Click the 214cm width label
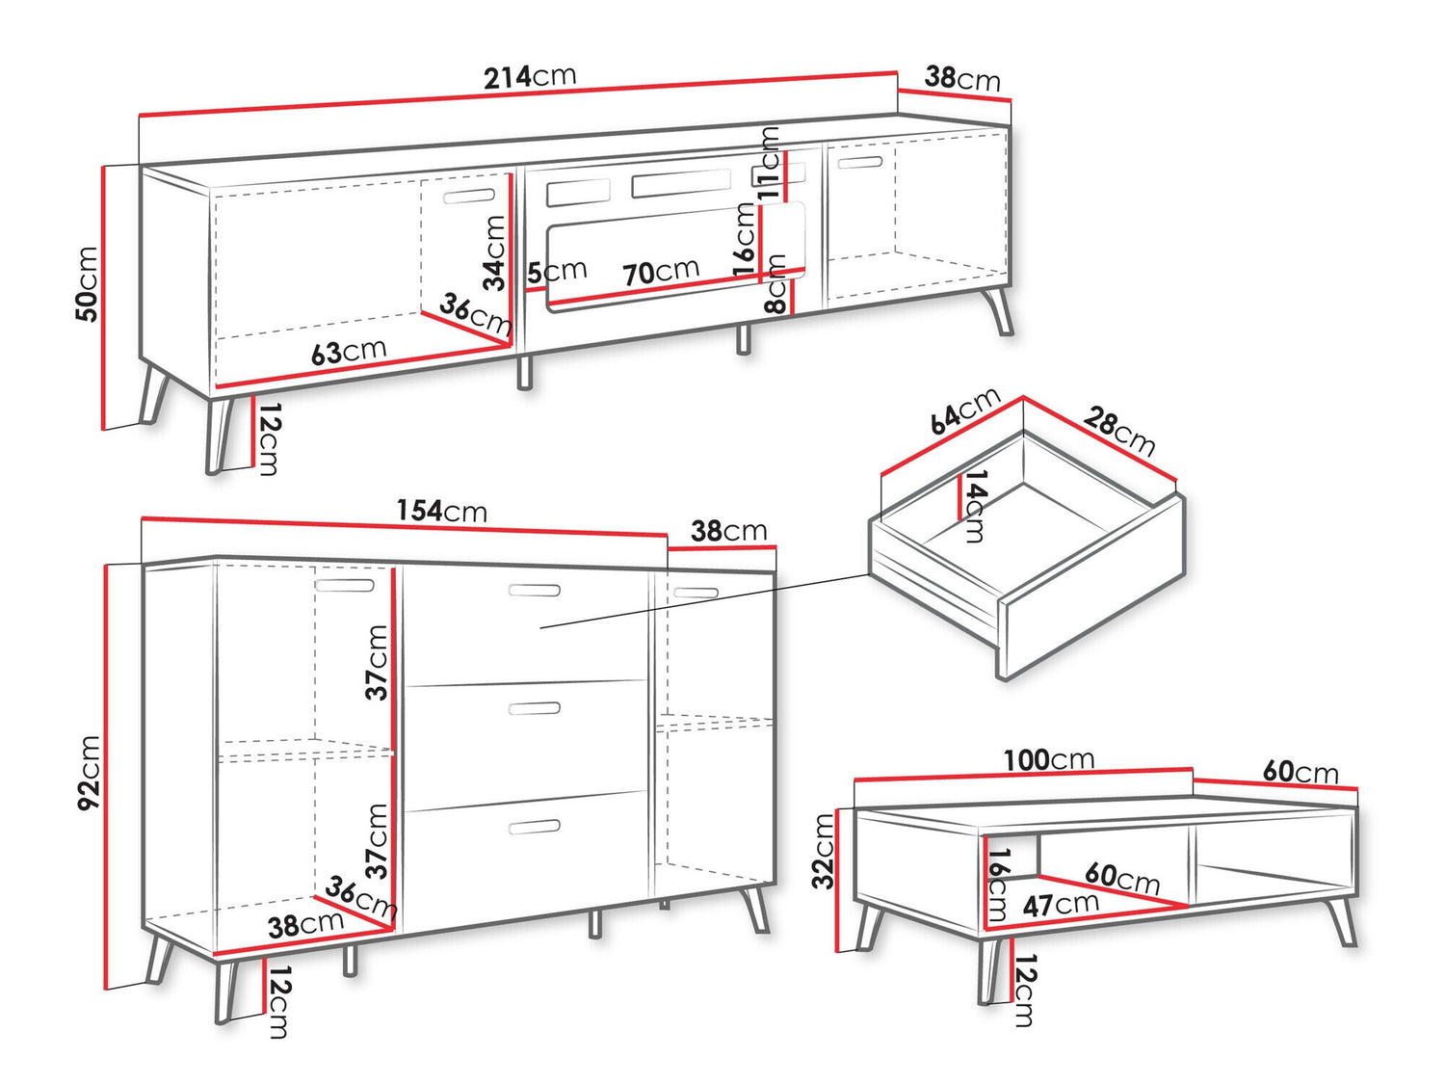click(530, 76)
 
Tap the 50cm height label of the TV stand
click(87, 283)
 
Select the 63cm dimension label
click(349, 352)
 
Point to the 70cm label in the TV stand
click(660, 271)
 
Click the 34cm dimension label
click(494, 252)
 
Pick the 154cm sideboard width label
click(442, 511)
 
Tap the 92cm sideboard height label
click(88, 773)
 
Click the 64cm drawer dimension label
click(965, 412)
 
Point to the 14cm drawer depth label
click(975, 506)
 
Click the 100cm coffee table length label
click(1049, 760)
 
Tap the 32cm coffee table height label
click(823, 852)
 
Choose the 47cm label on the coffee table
click(1061, 905)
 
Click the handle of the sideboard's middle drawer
click(535, 709)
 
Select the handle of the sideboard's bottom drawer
click(535, 828)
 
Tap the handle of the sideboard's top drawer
click(535, 590)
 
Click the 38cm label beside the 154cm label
click(728, 531)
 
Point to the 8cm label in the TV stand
click(776, 283)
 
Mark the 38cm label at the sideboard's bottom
click(305, 925)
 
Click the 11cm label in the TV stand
click(768, 163)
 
